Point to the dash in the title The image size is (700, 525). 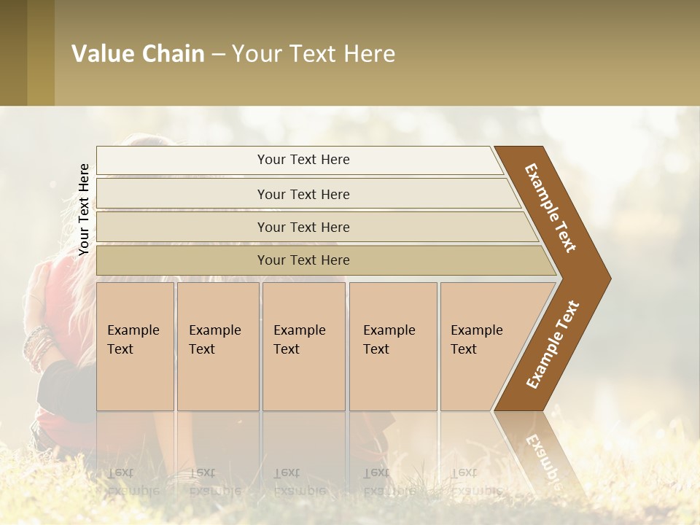click(x=218, y=55)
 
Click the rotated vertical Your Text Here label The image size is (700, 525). click(x=84, y=209)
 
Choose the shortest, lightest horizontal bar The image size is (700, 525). click(x=299, y=160)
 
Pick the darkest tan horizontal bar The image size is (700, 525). click(x=321, y=260)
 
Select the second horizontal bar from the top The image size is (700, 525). click(x=306, y=194)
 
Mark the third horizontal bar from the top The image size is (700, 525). click(x=314, y=227)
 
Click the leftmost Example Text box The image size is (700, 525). click(x=135, y=346)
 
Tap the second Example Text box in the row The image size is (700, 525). click(x=217, y=346)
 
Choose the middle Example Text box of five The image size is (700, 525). click(x=303, y=346)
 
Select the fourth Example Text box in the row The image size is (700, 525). click(x=392, y=346)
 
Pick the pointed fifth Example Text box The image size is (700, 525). click(x=489, y=346)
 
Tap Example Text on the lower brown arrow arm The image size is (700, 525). click(x=553, y=345)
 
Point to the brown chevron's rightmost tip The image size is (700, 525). click(x=609, y=278)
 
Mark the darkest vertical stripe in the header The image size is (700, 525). click(x=13, y=53)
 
